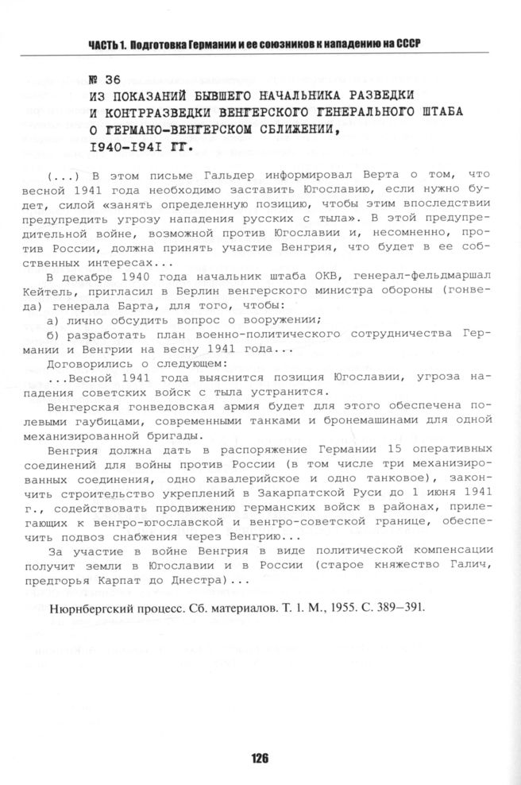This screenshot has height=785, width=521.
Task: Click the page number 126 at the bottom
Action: coord(260,757)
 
